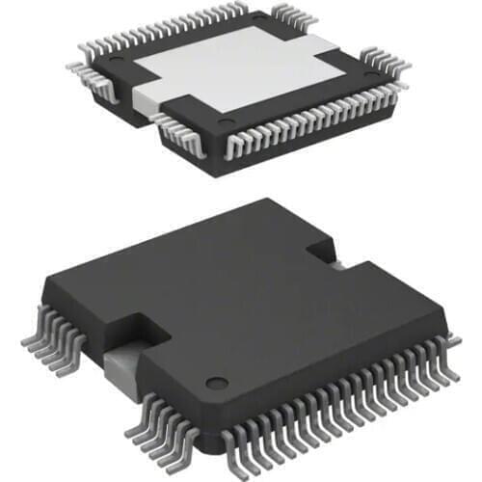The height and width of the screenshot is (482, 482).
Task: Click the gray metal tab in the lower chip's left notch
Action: [x=125, y=361]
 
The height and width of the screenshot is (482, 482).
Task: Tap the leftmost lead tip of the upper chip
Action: [x=69, y=66]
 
